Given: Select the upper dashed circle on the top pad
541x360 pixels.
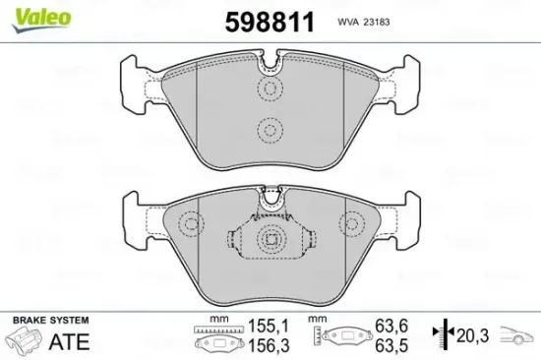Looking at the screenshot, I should [270, 90].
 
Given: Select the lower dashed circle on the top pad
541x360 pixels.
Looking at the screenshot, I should [270, 129].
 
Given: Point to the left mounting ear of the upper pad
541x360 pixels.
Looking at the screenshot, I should [135, 79].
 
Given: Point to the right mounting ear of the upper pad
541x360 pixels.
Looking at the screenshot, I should [404, 79].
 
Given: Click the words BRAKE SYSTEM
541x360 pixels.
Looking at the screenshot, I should [49, 321].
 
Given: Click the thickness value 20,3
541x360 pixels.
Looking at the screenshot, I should [472, 334].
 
